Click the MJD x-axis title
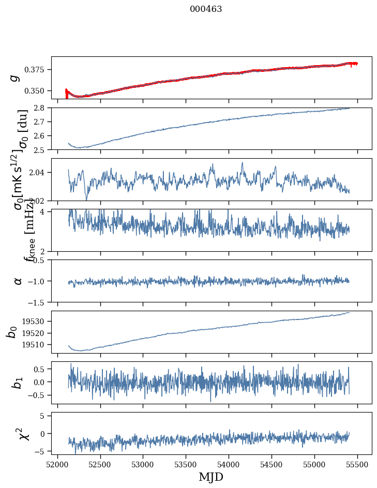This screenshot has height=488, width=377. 211,477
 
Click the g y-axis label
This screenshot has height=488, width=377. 14,78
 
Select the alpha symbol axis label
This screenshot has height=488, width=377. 18,281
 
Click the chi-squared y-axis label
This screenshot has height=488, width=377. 24,434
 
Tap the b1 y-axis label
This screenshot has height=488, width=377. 18,383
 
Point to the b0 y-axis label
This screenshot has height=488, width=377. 12,332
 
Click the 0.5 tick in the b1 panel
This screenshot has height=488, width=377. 41,369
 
